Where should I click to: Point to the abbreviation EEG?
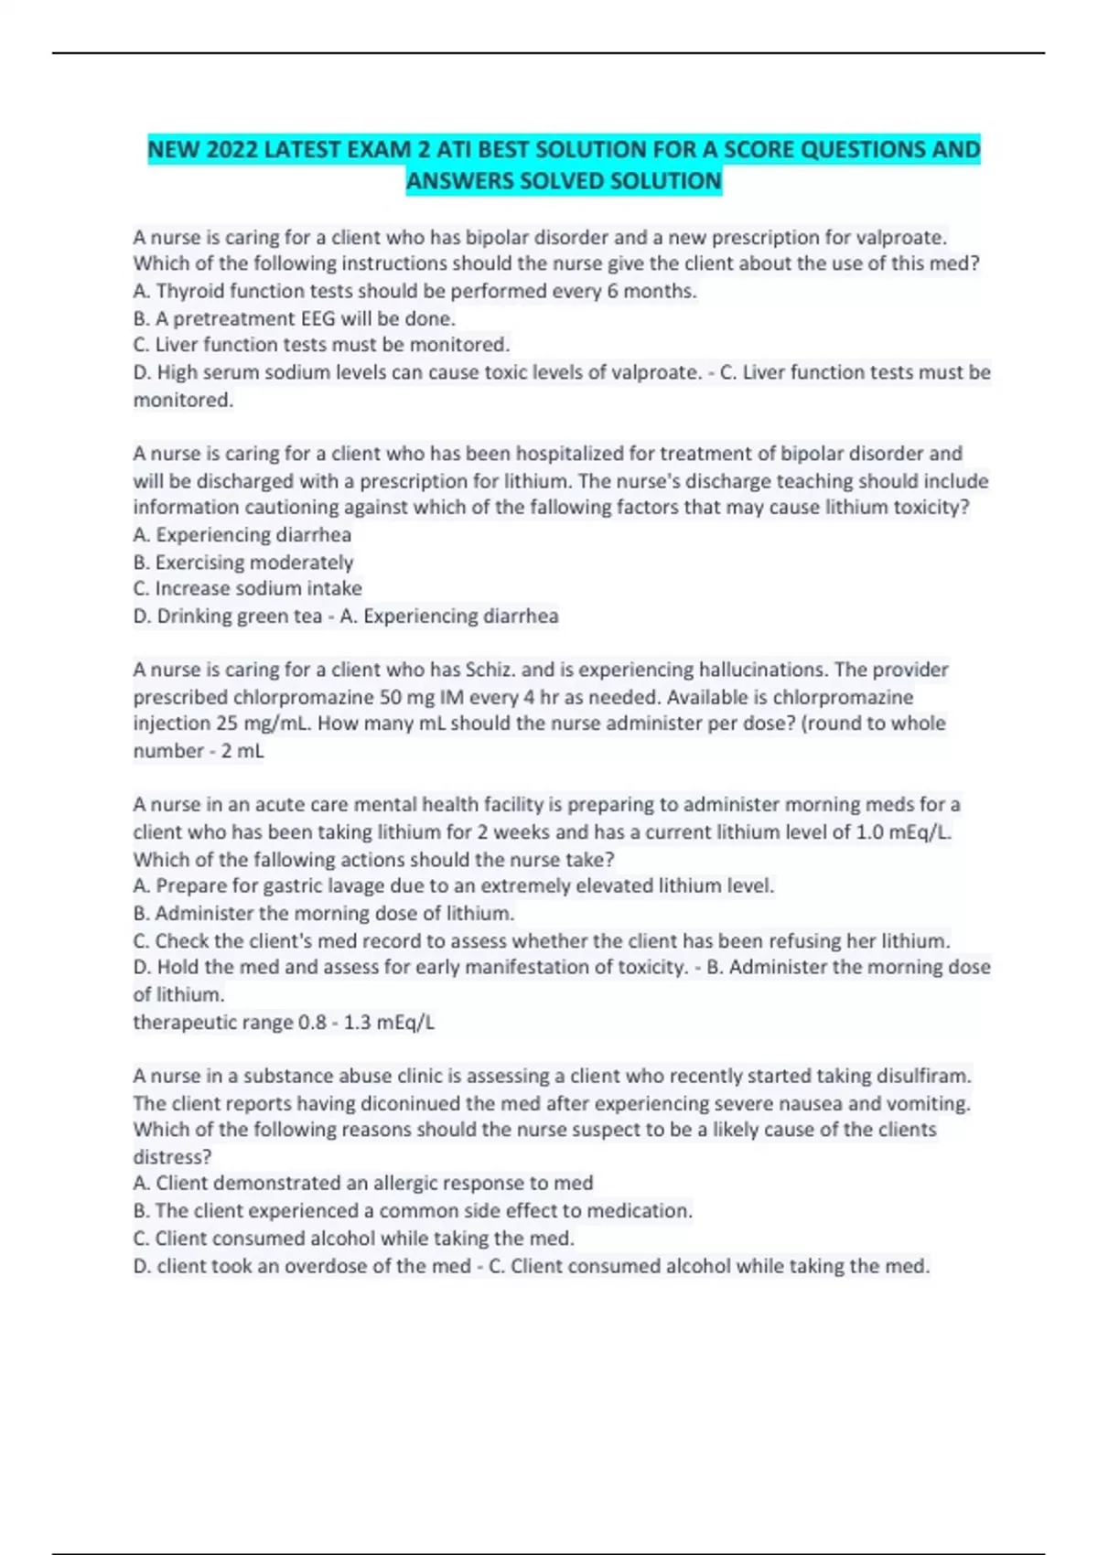point(318,318)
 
